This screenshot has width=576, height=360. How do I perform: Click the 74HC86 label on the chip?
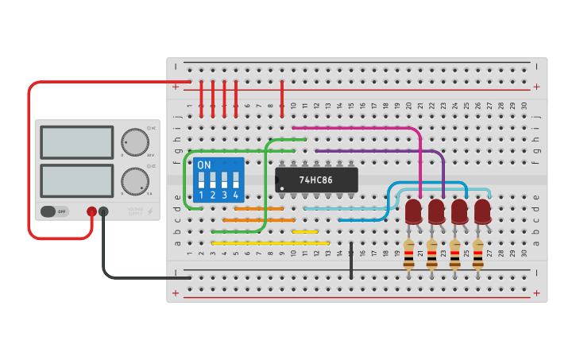315,180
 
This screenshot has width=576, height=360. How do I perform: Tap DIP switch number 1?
202,180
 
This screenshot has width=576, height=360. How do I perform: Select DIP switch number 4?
236,180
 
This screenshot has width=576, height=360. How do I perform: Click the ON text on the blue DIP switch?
204,165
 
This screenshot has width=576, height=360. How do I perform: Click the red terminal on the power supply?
92,211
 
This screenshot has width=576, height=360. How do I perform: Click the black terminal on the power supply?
103,211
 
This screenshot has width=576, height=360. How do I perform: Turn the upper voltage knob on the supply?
134,142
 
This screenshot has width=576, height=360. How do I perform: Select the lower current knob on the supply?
134,180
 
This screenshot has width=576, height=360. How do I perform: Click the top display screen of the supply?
77,142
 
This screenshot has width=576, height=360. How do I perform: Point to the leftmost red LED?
412,211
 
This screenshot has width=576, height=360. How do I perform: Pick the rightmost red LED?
482,211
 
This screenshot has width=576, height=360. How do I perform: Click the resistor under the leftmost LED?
408,254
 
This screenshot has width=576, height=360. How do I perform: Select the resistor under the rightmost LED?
477,254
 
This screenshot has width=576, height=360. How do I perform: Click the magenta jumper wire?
358,126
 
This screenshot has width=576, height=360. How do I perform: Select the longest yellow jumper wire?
270,243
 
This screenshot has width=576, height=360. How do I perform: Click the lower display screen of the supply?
77,180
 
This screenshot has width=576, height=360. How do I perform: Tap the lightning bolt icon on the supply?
150,211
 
